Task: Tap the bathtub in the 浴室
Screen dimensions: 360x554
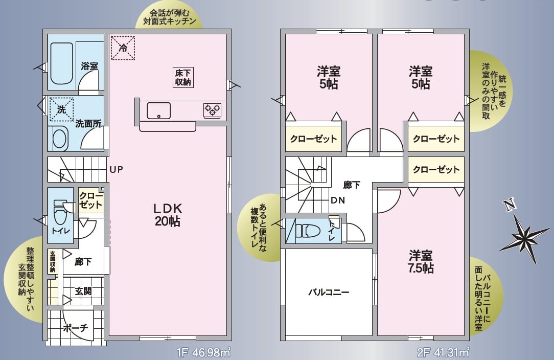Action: (x=62, y=63)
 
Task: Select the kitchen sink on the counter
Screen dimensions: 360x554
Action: (x=159, y=110)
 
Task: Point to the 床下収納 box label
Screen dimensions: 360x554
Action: (x=183, y=77)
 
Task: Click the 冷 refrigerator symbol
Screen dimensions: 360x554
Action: (x=123, y=48)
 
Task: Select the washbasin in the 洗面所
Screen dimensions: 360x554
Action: (x=60, y=138)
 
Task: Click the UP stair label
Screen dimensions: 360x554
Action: (x=116, y=169)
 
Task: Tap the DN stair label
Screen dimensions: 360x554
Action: (x=337, y=200)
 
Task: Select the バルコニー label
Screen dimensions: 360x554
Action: (x=329, y=292)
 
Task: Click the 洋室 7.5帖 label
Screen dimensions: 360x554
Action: (x=421, y=261)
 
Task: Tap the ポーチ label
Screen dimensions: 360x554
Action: (x=76, y=328)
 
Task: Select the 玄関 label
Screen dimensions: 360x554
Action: (x=83, y=291)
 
